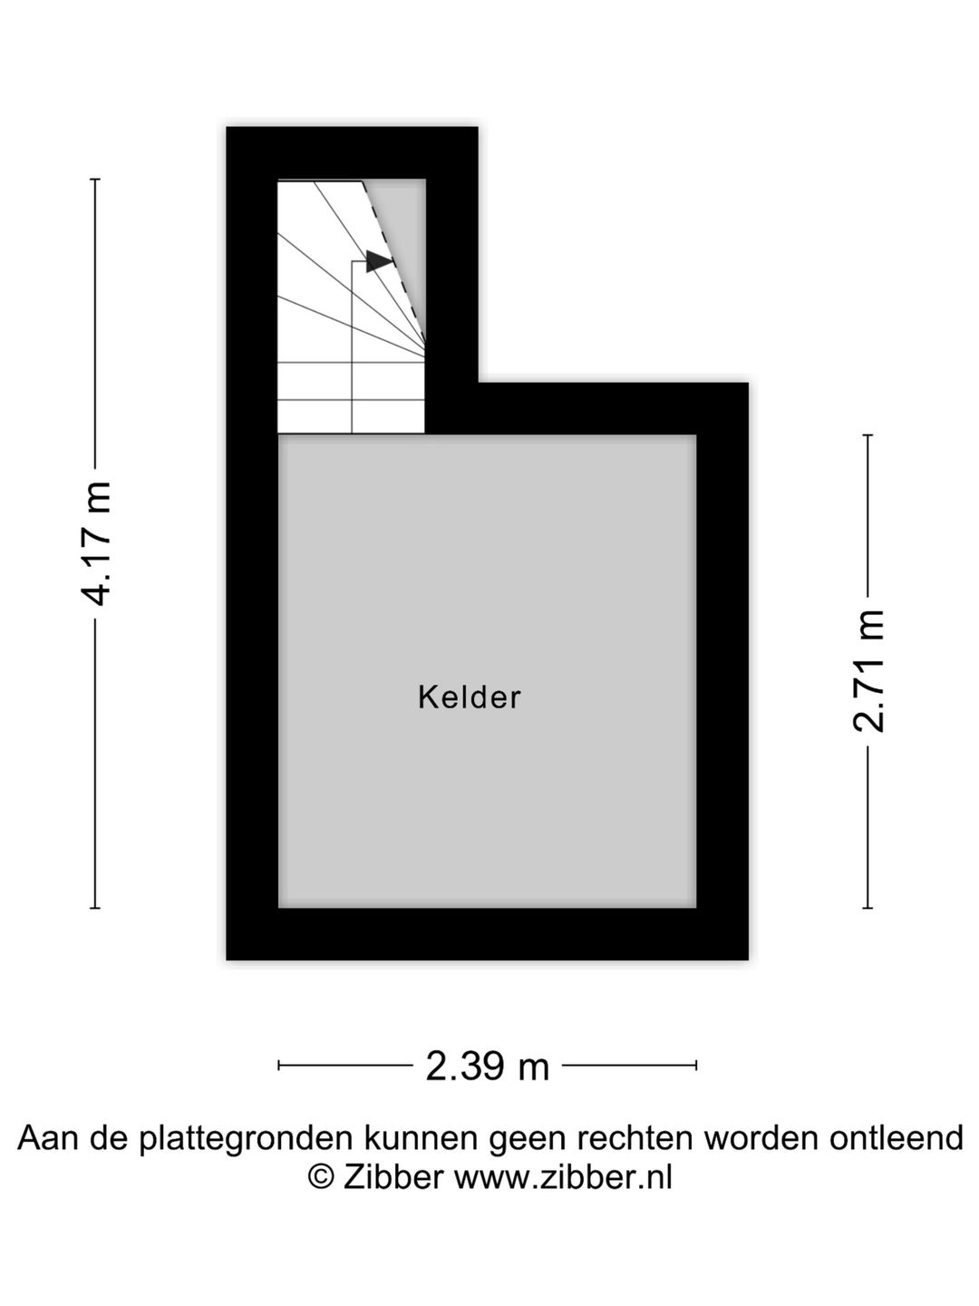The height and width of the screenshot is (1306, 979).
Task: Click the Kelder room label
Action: pos(469,697)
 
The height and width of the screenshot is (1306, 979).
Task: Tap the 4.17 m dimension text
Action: pos(96,543)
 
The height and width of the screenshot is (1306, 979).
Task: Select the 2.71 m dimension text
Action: pos(868,670)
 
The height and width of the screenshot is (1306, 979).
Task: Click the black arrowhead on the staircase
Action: pos(379,260)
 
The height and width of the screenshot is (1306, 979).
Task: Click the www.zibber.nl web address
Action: pos(564,1176)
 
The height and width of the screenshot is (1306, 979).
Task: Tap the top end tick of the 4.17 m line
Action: pos(95,179)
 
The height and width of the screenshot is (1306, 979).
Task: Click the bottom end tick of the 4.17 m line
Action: pos(95,908)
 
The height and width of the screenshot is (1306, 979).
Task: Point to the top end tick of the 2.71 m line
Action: pos(868,435)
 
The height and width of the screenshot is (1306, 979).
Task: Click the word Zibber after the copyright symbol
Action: pos(393,1176)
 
